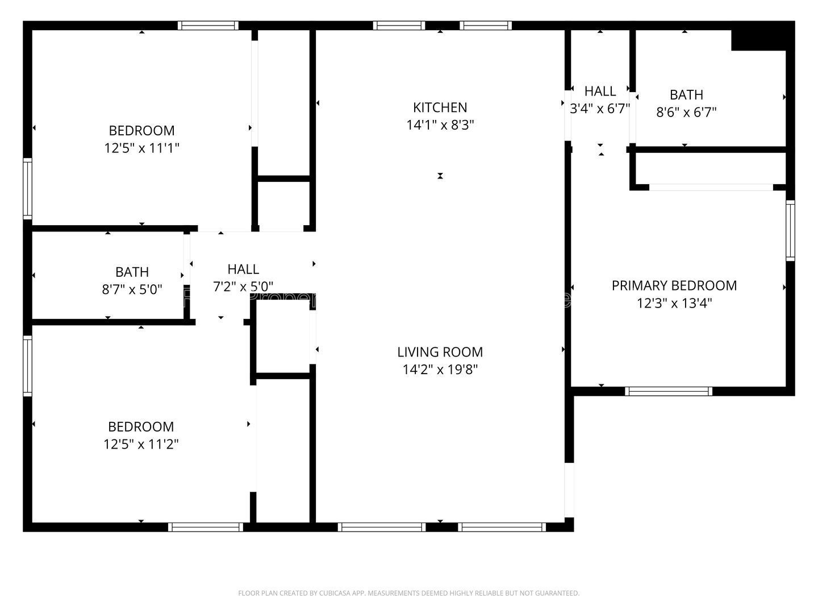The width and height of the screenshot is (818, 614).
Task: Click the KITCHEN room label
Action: (x=440, y=107)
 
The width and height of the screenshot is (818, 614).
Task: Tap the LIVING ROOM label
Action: (x=440, y=352)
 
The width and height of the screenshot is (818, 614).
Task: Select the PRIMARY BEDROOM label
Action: (x=674, y=285)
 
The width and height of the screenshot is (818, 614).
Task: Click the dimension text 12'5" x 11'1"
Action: (x=141, y=148)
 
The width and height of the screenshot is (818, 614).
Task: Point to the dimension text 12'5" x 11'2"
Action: (x=141, y=444)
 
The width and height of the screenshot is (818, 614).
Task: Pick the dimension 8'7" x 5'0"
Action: (x=132, y=289)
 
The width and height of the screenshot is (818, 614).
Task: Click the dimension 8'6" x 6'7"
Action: (x=686, y=112)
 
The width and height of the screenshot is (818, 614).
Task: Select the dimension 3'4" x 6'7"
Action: (x=600, y=109)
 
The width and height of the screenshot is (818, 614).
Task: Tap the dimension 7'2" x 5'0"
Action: (x=243, y=287)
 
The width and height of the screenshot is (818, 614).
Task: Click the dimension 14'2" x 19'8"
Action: (x=440, y=370)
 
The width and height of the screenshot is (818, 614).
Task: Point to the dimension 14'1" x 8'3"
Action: (x=440, y=125)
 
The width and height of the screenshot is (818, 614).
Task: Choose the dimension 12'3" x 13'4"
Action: (x=674, y=303)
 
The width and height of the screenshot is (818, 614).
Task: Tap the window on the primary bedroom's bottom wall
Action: (x=669, y=391)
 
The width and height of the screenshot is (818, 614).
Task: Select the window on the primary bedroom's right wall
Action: (x=790, y=230)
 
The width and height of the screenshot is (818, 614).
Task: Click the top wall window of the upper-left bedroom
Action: (x=207, y=26)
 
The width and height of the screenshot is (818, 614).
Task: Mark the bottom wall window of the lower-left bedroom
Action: (x=206, y=527)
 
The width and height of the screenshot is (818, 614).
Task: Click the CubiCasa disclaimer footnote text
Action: (x=408, y=593)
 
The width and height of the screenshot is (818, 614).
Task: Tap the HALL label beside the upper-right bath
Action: (x=600, y=91)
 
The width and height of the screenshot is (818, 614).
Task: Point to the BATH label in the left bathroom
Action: (x=132, y=272)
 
